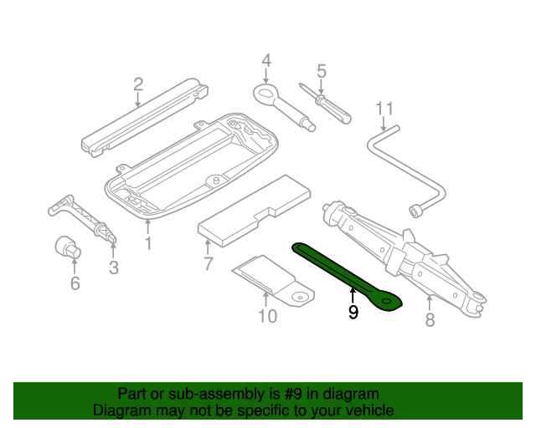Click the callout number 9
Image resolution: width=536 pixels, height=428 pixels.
[353, 313]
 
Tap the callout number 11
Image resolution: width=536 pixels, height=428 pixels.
[384, 109]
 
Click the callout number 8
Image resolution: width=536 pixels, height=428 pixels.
[430, 319]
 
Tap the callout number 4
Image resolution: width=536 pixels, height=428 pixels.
[266, 60]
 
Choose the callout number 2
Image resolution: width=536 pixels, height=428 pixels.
[138, 84]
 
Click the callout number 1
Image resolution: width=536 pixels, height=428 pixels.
[147, 243]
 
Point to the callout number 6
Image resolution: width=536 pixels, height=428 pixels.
[75, 284]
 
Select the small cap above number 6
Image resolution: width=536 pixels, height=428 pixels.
[66, 247]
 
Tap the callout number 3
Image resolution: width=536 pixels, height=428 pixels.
[114, 267]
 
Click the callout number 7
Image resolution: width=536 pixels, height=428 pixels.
[208, 265]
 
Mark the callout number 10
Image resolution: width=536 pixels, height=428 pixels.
[266, 316]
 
